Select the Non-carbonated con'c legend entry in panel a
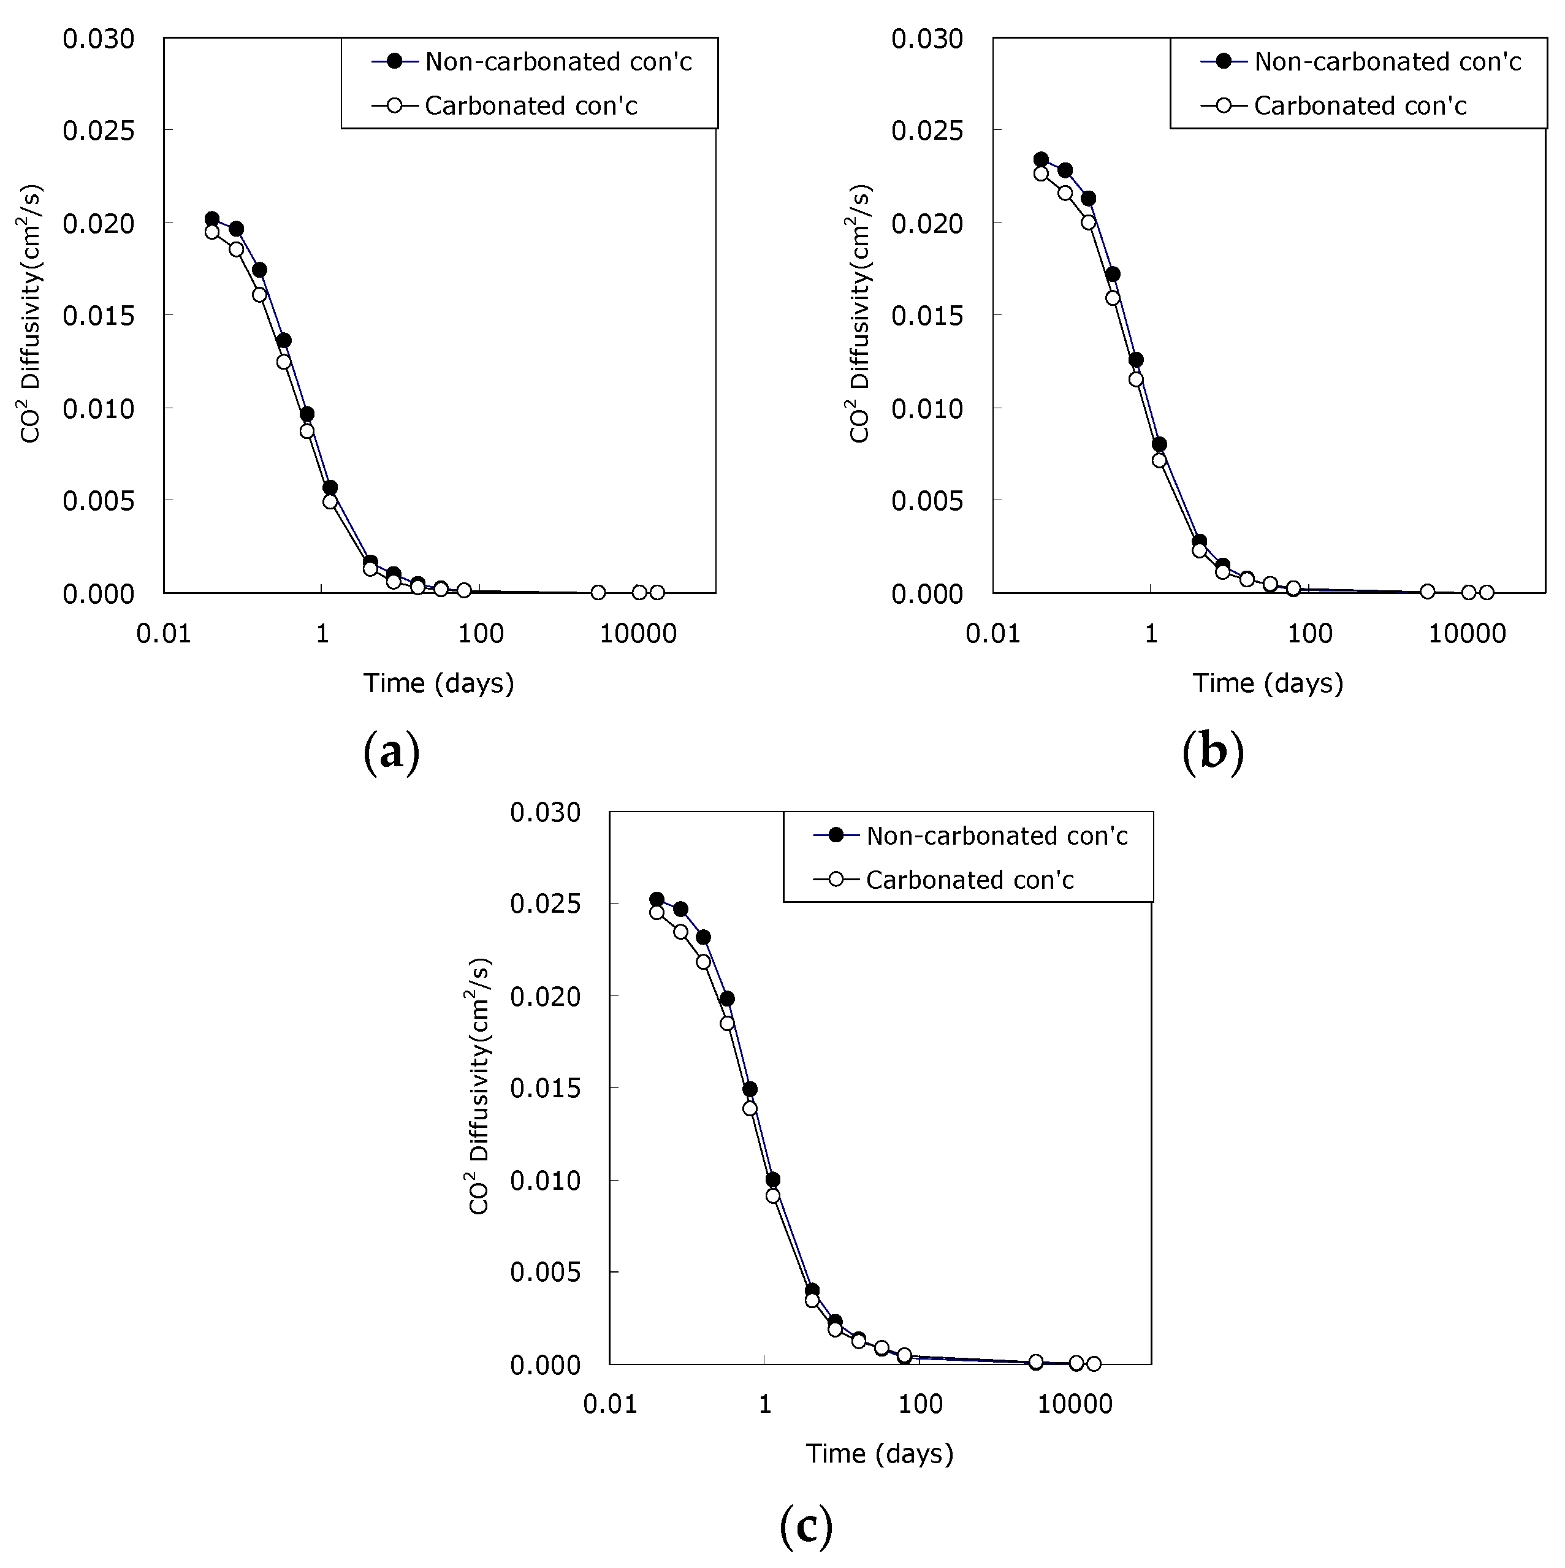558,62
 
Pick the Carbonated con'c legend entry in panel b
1360,105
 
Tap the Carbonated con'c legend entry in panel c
969,880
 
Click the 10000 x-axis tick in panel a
638,634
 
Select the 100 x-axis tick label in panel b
1309,634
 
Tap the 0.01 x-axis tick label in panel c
611,1404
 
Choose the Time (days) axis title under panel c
879,1453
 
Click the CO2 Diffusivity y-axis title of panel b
859,314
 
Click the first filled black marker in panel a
212,219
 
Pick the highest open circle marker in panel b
1041,173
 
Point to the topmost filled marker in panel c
657,899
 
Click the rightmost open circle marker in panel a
657,593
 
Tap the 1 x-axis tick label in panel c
764,1404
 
